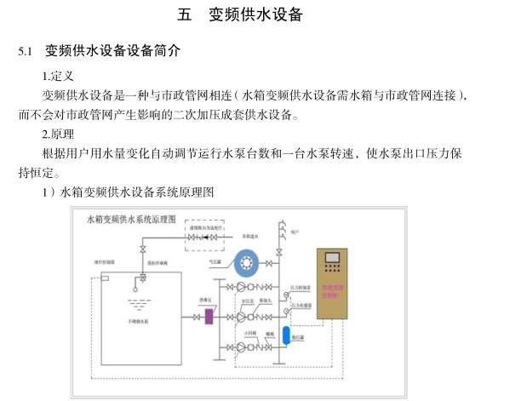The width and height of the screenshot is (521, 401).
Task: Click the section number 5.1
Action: point(26,52)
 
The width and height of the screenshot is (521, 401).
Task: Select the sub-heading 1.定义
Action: point(59,76)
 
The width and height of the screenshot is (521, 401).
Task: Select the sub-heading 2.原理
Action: point(59,135)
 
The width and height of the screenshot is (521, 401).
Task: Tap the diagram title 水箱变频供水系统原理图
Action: point(131,219)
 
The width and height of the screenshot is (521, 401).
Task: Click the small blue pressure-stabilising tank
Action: point(287,333)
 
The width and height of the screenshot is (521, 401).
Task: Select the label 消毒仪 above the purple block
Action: point(205,300)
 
